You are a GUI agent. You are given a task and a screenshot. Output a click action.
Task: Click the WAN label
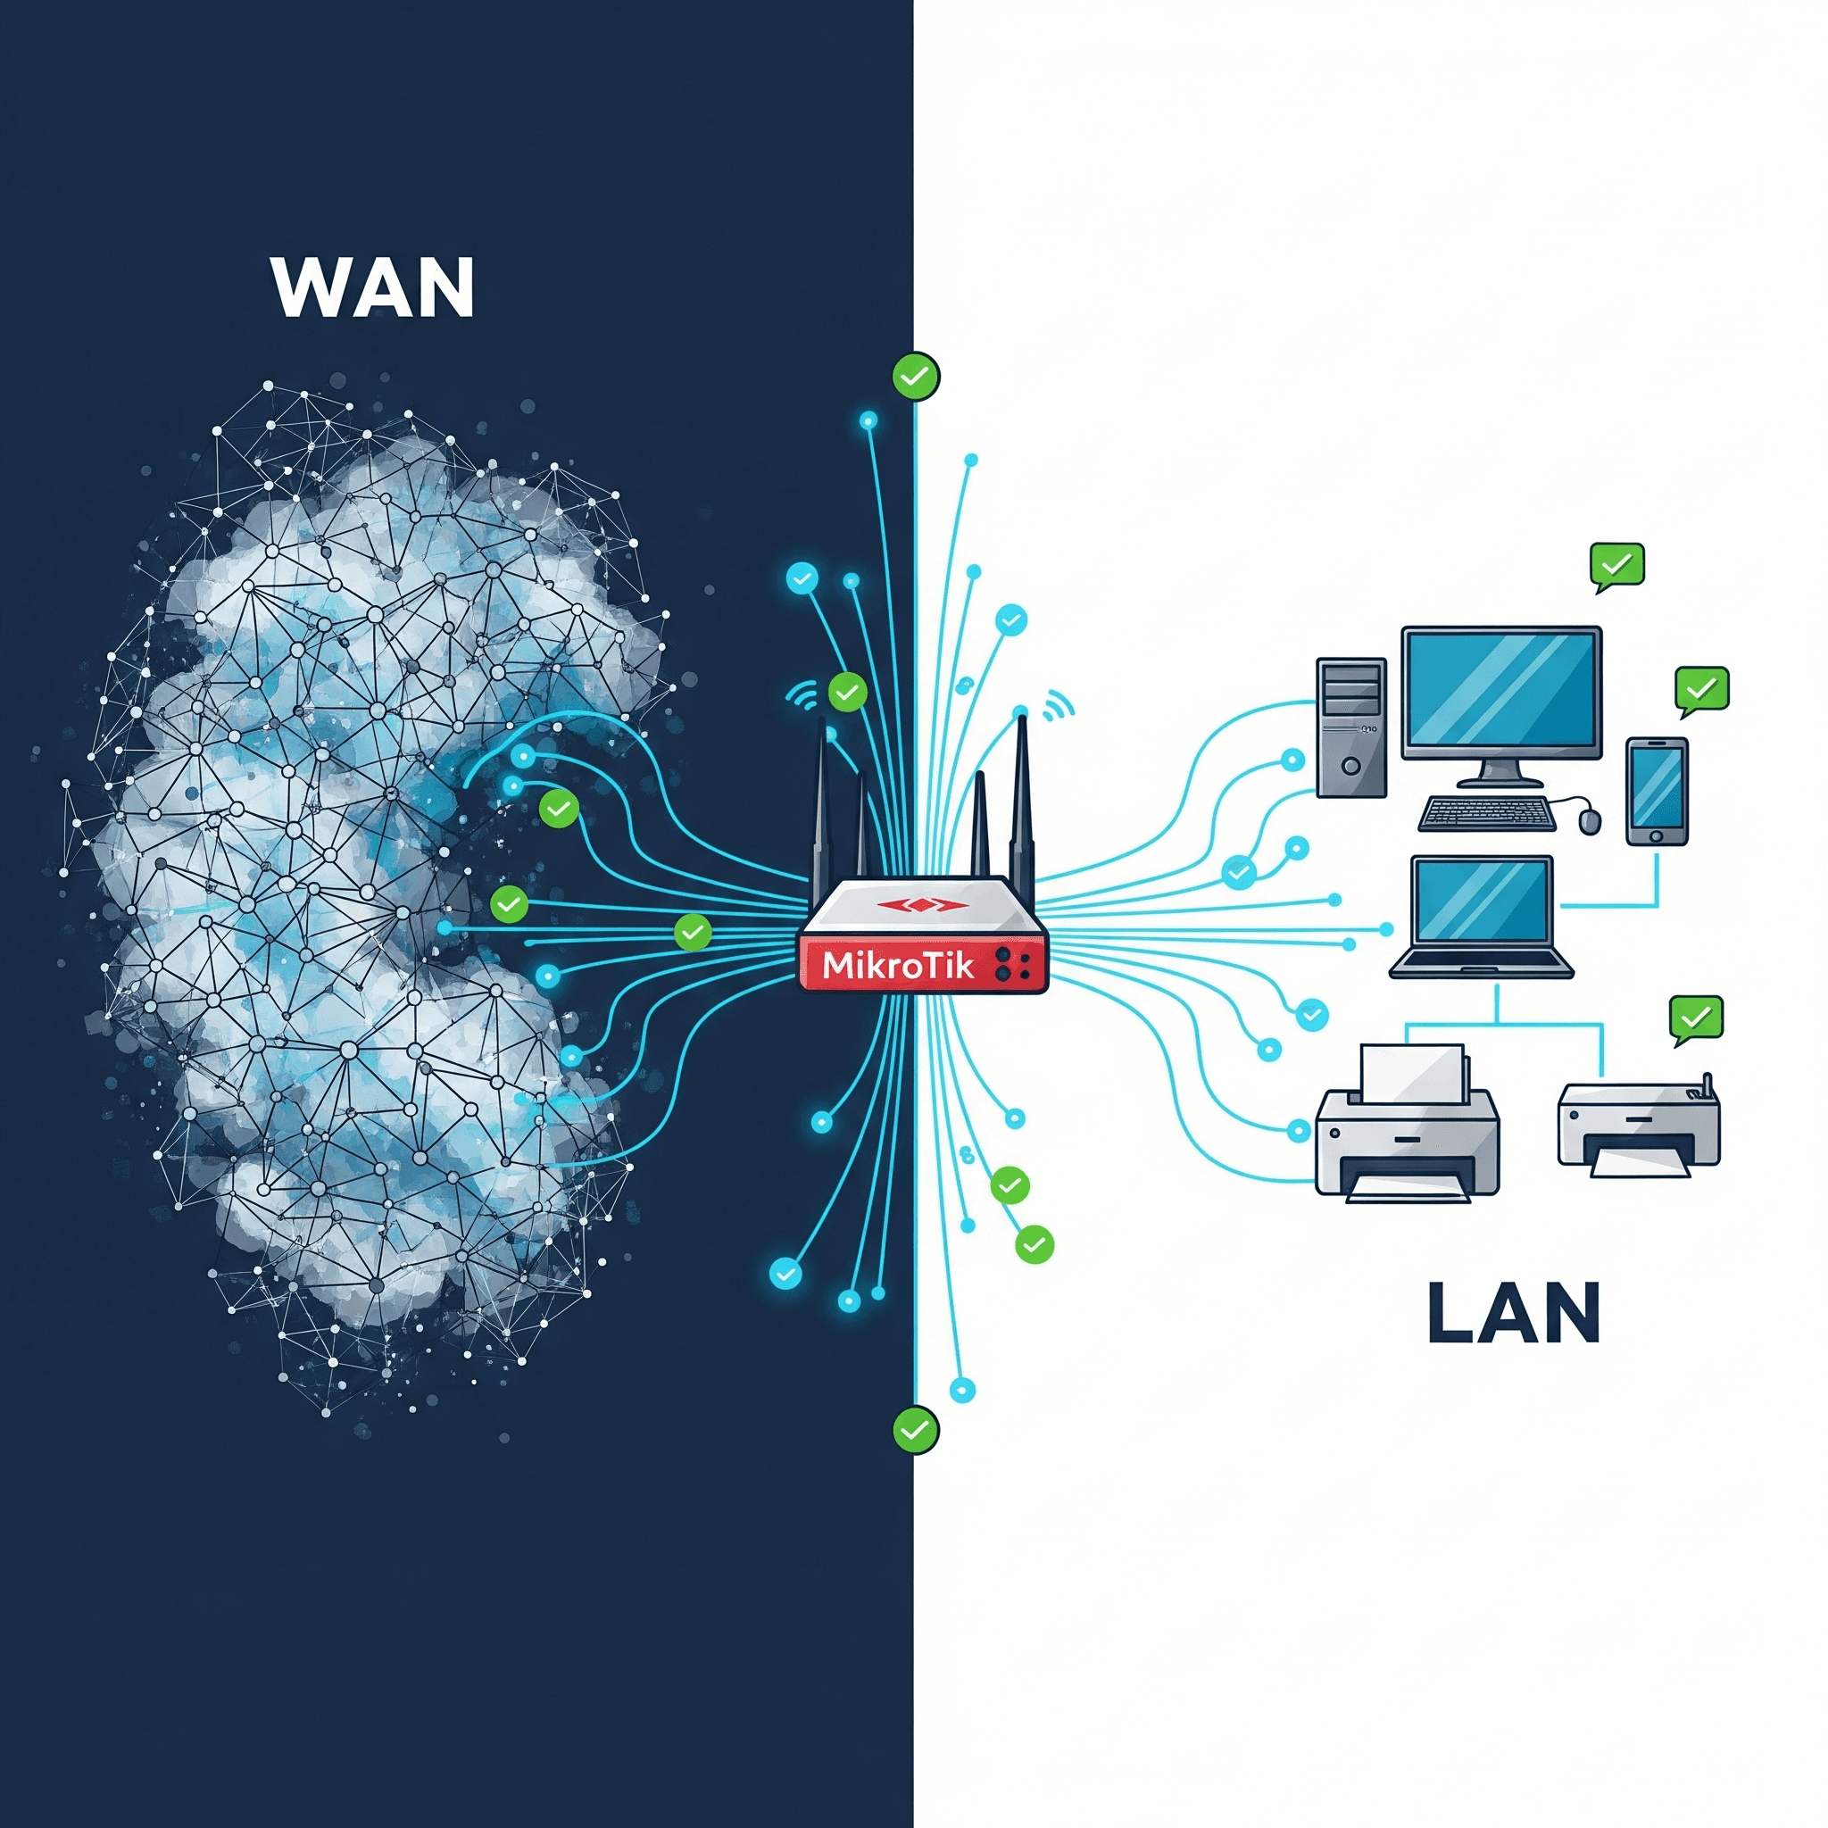pyautogui.click(x=373, y=287)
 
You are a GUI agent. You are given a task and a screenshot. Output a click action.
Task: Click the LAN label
pyautogui.click(x=1513, y=1312)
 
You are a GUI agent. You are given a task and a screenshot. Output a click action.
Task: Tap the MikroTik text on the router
pyautogui.click(x=898, y=965)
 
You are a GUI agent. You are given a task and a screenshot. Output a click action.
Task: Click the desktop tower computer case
pyautogui.click(x=1351, y=726)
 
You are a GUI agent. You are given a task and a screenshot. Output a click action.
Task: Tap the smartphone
pyautogui.click(x=1657, y=790)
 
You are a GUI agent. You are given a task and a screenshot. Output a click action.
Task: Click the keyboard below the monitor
pyautogui.click(x=1486, y=813)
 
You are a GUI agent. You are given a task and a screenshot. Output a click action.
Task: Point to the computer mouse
pyautogui.click(x=1591, y=820)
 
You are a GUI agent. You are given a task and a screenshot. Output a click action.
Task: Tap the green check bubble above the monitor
pyautogui.click(x=1617, y=565)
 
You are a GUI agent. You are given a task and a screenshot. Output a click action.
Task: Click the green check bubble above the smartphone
pyautogui.click(x=1701, y=689)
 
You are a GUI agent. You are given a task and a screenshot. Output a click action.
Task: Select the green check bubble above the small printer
pyautogui.click(x=1697, y=1018)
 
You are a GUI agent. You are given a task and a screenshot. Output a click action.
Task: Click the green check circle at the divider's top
pyautogui.click(x=915, y=377)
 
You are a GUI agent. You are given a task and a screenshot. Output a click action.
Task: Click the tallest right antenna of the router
pyautogui.click(x=1021, y=794)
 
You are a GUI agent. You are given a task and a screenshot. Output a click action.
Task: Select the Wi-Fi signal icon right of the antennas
pyautogui.click(x=1059, y=705)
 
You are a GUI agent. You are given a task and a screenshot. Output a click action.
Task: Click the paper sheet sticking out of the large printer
pyautogui.click(x=1412, y=1072)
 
